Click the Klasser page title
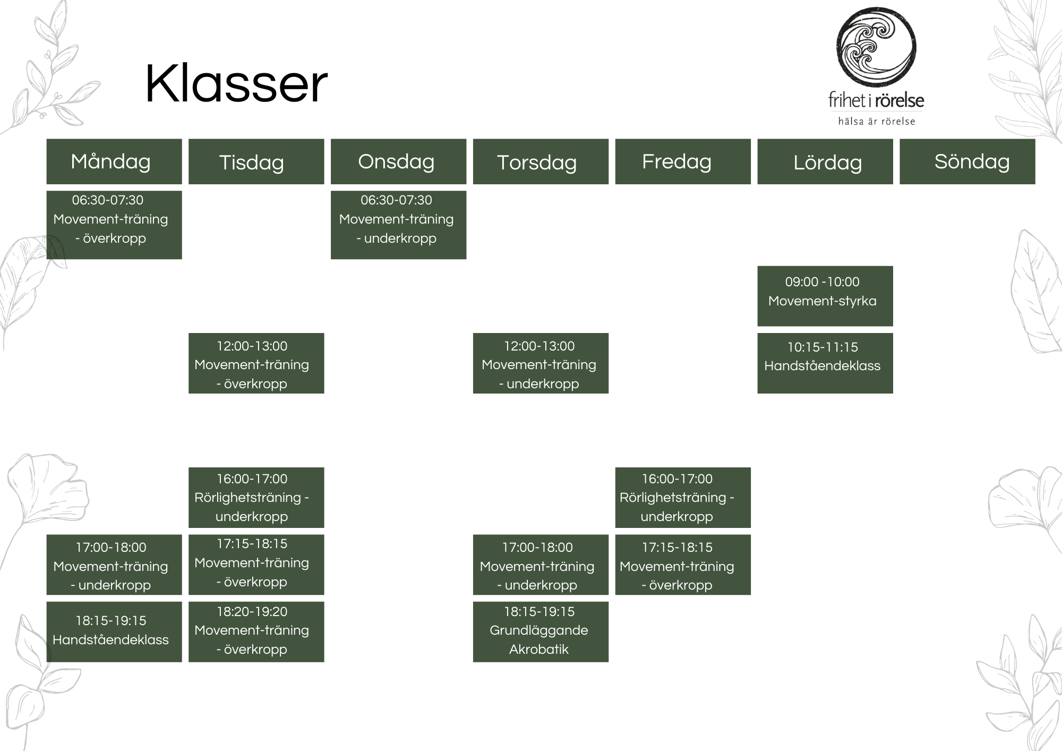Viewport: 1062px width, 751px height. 236,84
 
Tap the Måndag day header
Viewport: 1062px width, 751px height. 114,161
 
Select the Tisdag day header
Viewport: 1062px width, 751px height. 256,161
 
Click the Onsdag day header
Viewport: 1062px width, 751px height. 399,161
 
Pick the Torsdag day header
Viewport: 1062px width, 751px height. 541,161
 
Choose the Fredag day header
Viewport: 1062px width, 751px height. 683,161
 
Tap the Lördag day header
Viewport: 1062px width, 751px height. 825,161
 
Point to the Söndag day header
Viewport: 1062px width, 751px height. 967,161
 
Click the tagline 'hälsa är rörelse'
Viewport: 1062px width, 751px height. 877,122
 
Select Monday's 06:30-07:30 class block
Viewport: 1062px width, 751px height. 114,225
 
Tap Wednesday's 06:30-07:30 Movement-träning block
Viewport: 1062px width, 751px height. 399,225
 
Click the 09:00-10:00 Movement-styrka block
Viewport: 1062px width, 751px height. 825,296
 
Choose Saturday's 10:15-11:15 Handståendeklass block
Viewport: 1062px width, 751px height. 825,363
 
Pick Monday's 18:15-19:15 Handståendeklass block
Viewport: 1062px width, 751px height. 114,631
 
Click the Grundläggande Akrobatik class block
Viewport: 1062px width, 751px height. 541,631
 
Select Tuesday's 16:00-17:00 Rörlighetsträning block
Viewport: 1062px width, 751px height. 256,498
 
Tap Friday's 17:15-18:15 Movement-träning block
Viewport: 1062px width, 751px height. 683,565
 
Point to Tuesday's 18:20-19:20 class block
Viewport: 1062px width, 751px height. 256,631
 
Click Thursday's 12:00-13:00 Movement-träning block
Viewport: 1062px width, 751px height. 541,363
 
